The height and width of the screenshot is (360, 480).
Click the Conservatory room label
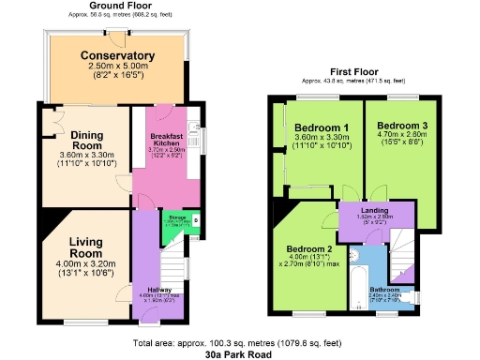click(x=116, y=55)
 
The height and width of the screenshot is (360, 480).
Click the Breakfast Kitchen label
click(x=167, y=139)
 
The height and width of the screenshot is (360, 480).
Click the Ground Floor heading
click(x=121, y=6)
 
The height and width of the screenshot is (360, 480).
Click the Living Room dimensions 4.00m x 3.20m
click(x=85, y=265)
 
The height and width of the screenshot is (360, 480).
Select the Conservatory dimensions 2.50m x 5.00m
click(x=116, y=67)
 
